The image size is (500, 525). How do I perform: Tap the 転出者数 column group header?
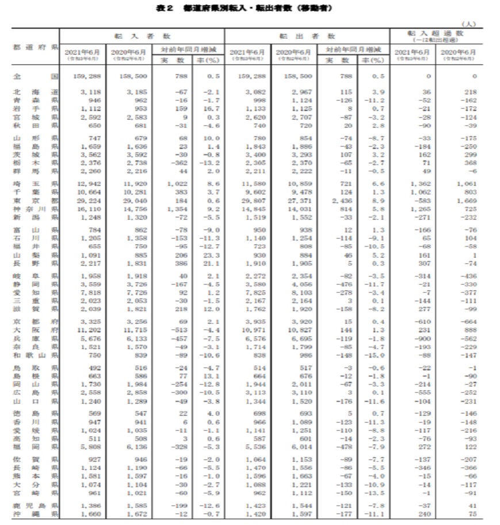(306, 35)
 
